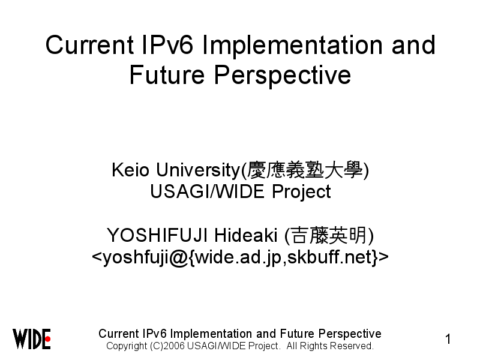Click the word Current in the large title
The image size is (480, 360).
[x=89, y=45]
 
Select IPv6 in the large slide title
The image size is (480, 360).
[x=168, y=45]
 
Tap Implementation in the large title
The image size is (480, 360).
[x=292, y=46]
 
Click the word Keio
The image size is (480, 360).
[x=130, y=170]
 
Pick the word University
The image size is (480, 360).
[x=199, y=170]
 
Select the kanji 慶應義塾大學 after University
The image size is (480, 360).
[x=304, y=170]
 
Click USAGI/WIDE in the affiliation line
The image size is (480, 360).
[x=207, y=191]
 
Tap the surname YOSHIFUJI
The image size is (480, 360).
[x=157, y=235]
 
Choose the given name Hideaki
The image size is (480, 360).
[x=245, y=235]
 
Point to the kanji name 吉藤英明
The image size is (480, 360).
[x=328, y=235]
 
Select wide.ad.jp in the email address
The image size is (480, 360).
[x=238, y=258]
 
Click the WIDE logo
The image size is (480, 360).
[x=32, y=339]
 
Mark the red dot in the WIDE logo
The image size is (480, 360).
[x=48, y=339]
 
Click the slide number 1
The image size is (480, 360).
[x=448, y=339]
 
